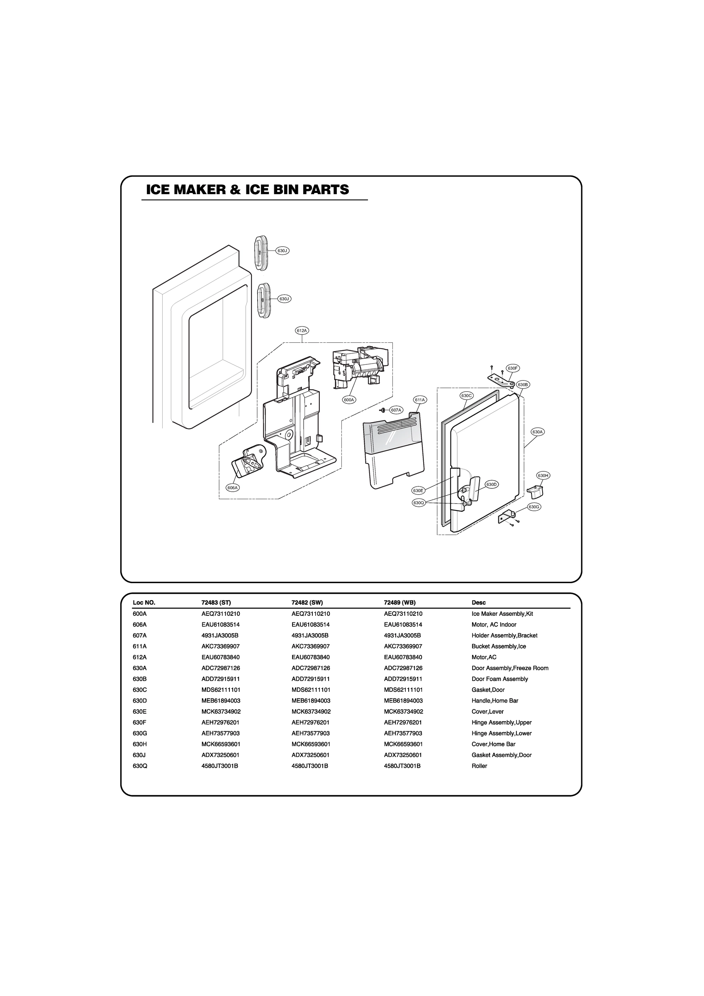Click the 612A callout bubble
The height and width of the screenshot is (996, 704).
click(x=302, y=331)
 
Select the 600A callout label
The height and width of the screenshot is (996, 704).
click(x=349, y=400)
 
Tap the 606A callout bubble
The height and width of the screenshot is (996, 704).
click(x=233, y=488)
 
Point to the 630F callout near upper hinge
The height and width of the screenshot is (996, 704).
click(x=513, y=368)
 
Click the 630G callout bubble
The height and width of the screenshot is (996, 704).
click(x=534, y=507)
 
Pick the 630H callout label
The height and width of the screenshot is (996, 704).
click(x=543, y=476)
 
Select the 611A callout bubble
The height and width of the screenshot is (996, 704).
click(x=420, y=400)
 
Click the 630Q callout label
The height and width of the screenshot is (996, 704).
click(x=418, y=503)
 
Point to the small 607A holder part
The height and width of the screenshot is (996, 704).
click(x=383, y=410)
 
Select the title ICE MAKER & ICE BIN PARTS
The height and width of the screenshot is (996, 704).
click(x=247, y=190)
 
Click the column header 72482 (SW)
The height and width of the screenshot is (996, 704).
click(x=307, y=603)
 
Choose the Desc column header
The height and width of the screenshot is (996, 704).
click(x=478, y=603)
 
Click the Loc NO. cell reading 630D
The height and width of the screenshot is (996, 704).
click(x=140, y=701)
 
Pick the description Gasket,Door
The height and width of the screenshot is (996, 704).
click(x=488, y=690)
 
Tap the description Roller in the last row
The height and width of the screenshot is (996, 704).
click(x=479, y=766)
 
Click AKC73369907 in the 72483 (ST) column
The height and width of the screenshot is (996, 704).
click(x=220, y=646)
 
